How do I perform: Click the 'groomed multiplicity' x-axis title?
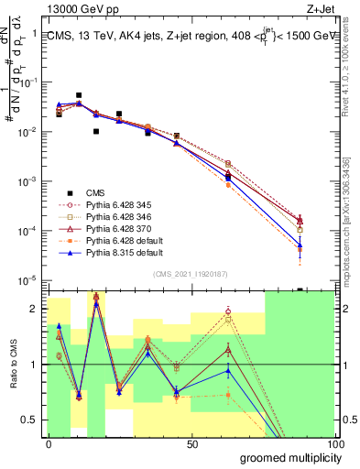(x=288, y=458)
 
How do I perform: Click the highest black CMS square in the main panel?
(x=79, y=95)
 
